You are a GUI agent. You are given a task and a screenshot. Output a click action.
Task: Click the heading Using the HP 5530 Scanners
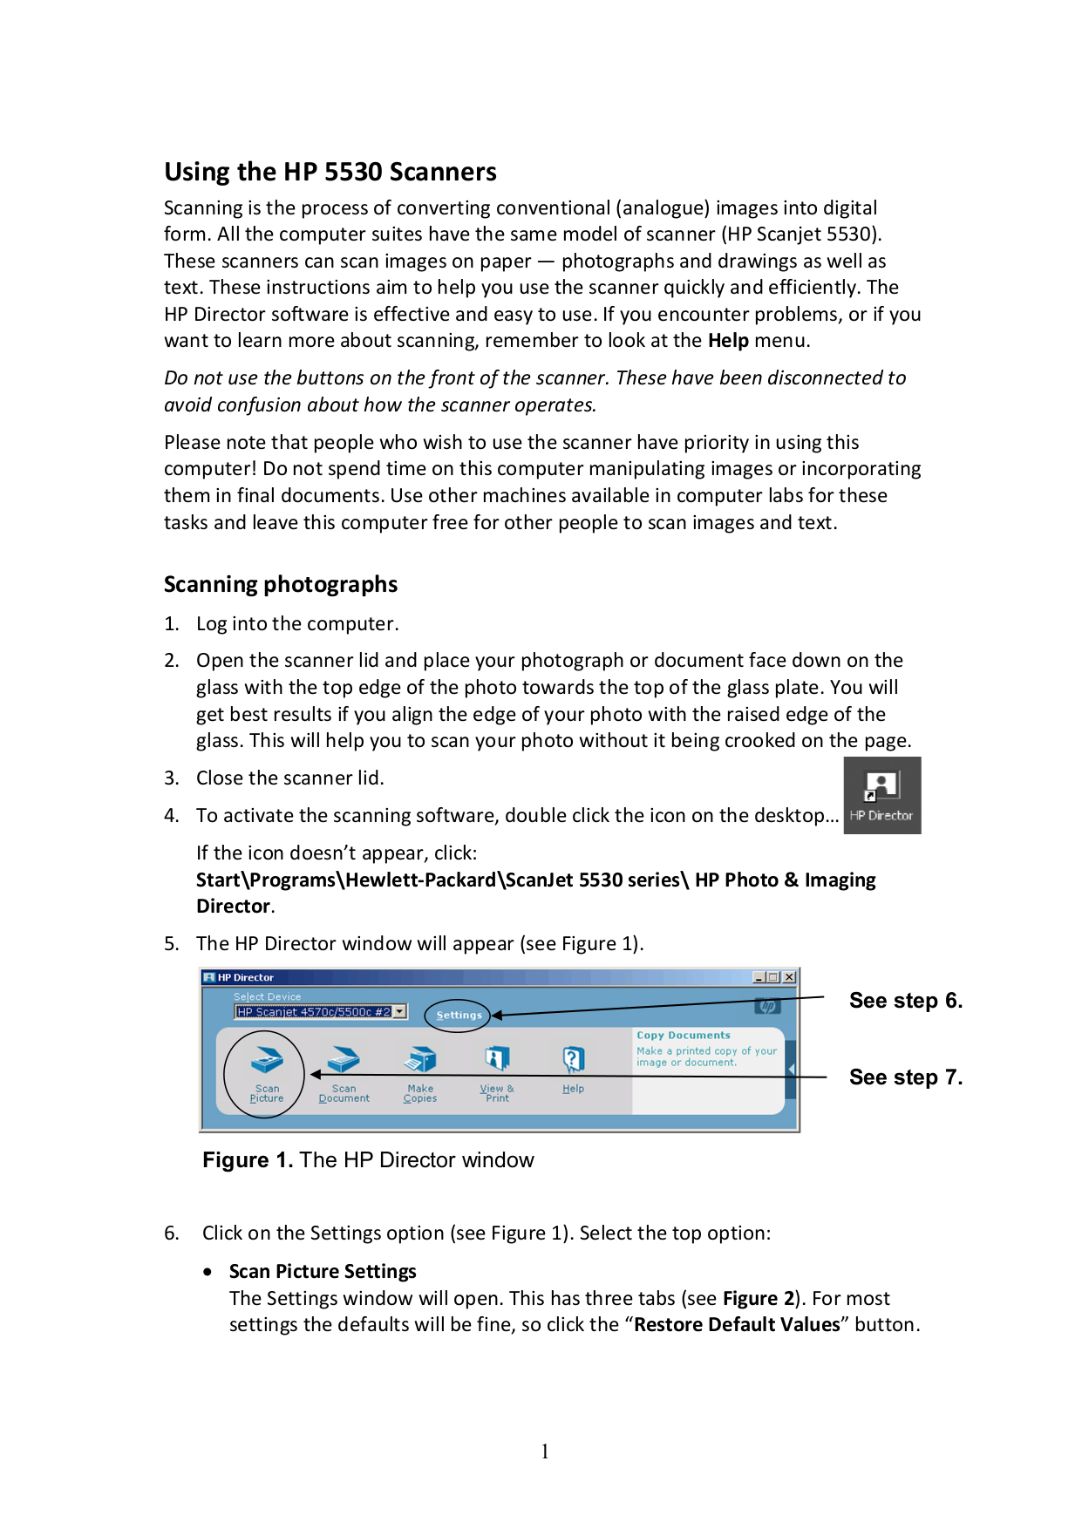tap(330, 172)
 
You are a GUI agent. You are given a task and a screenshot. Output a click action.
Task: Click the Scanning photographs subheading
tap(280, 584)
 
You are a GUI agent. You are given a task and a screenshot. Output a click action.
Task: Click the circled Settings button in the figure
tap(459, 1015)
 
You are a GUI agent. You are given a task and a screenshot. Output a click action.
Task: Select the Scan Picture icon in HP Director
tap(267, 1062)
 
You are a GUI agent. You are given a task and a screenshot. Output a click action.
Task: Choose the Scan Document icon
tap(344, 1061)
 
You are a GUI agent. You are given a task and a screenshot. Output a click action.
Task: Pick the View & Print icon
tap(497, 1060)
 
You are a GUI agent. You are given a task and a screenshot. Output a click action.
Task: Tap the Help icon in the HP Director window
tap(573, 1060)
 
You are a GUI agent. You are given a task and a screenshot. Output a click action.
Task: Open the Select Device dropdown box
tap(399, 1011)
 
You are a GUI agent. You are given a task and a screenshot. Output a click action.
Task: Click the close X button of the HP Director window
tap(789, 977)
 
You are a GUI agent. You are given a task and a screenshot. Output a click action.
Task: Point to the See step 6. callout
tap(905, 1001)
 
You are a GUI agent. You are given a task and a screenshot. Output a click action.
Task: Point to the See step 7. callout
tap(905, 1077)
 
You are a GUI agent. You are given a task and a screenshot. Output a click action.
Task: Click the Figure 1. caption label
tap(248, 1160)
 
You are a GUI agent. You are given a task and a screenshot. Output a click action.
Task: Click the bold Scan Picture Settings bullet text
tap(323, 1271)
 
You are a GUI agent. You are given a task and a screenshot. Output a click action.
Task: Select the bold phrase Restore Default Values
tap(737, 1324)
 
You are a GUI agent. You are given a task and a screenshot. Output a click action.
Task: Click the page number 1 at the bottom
tap(545, 1451)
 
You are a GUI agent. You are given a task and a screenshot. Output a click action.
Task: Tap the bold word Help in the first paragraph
tap(728, 341)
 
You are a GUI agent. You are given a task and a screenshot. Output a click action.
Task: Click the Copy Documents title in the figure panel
tap(683, 1036)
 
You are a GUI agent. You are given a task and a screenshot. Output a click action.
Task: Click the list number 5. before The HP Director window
tap(172, 944)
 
